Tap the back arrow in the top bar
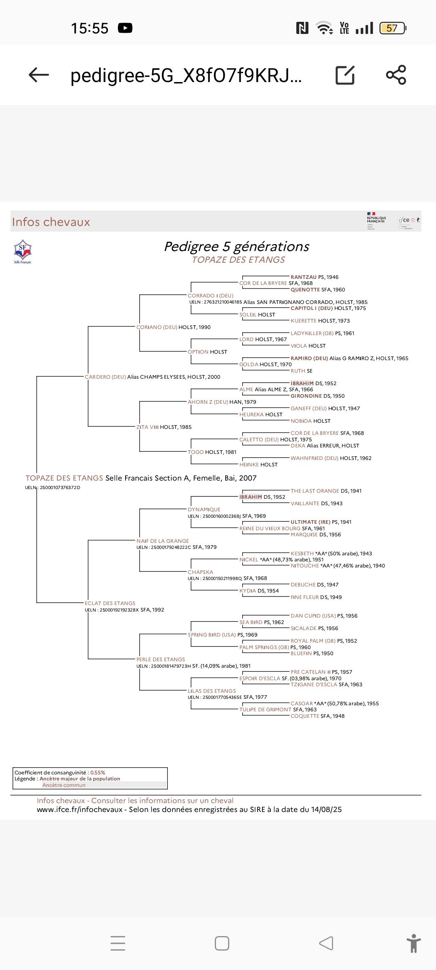pos(39,75)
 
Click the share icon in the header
pos(396,75)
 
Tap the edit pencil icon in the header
pos(345,75)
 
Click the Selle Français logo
pos(23,251)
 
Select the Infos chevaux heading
pos(51,222)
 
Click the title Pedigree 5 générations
pos(237,247)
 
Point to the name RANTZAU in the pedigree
pos(304,277)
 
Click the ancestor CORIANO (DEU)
pos(157,327)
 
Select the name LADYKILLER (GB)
pos(312,333)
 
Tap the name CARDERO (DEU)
pos(105,377)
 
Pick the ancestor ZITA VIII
pos(147,427)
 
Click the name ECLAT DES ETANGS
pos(110,603)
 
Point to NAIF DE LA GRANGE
pos(162,541)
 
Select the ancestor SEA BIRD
pos(251,622)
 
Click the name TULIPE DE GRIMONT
pos(265,709)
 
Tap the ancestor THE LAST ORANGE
pos(315,491)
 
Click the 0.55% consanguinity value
pos(98,772)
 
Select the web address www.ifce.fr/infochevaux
pos(80,810)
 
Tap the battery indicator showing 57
pos(392,28)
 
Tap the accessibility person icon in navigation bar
pos(414,943)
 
